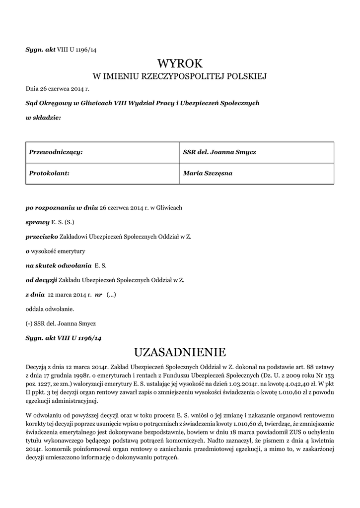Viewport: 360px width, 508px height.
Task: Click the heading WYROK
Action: click(x=180, y=63)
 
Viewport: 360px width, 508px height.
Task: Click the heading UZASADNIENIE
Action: click(x=180, y=352)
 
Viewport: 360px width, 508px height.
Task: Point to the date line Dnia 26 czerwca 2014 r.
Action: click(x=57, y=89)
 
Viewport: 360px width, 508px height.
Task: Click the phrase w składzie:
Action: click(x=43, y=118)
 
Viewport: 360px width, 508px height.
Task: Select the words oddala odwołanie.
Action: click(x=50, y=309)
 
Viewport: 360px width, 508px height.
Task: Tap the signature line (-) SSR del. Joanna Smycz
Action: click(x=61, y=323)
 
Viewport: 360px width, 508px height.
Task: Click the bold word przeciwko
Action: click(x=42, y=237)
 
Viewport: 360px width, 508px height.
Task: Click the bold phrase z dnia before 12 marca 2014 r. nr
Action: click(x=34, y=294)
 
